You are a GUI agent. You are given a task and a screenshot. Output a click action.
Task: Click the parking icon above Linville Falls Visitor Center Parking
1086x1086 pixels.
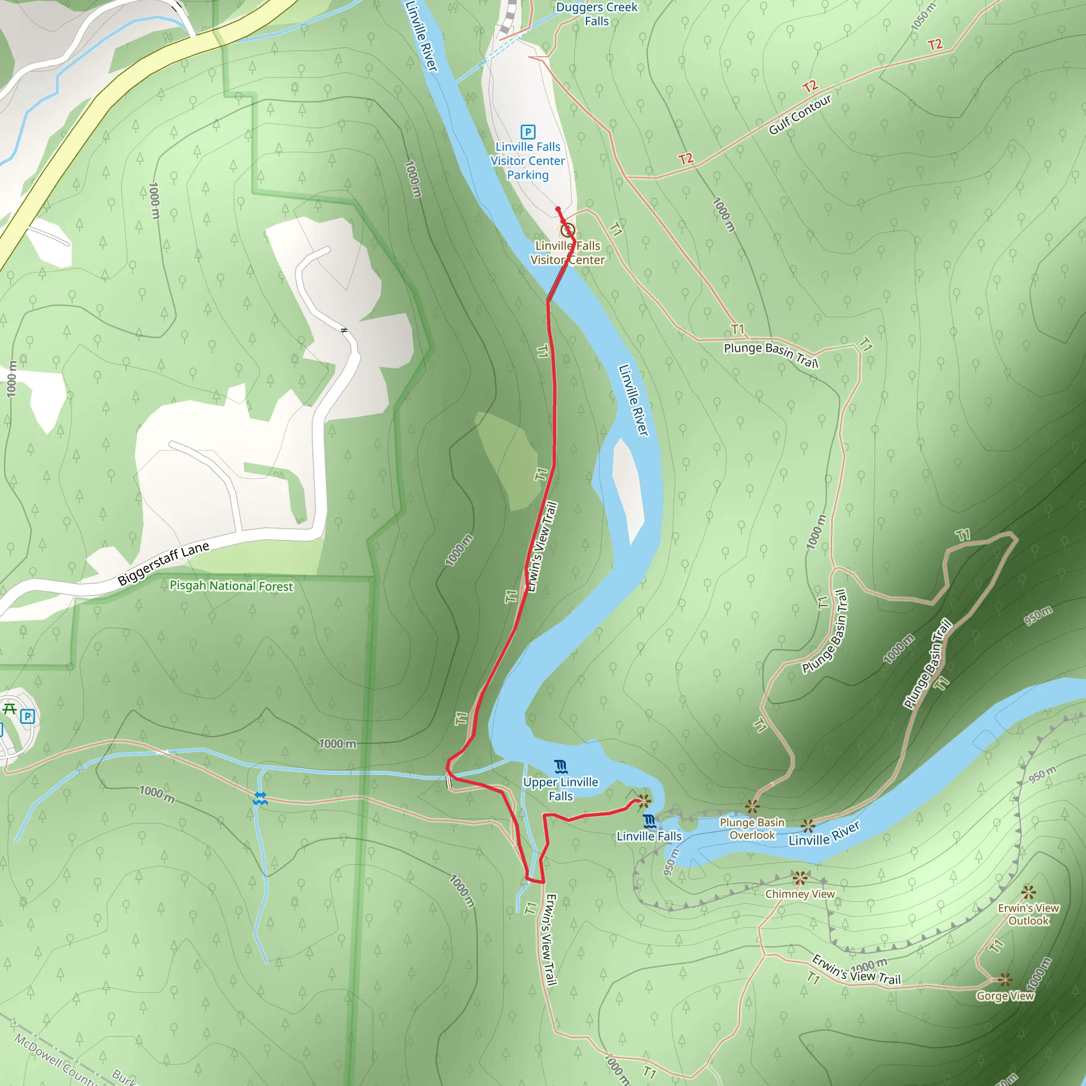(527, 132)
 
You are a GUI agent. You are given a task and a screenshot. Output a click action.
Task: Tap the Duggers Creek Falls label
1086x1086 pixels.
(597, 14)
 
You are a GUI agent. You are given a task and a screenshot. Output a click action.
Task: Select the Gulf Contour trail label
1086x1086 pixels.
(799, 115)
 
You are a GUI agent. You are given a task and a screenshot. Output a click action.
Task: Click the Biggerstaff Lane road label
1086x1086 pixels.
(163, 564)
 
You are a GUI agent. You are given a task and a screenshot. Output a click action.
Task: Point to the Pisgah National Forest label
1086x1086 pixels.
(231, 586)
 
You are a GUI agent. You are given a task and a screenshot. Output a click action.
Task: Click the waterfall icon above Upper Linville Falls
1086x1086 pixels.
(560, 767)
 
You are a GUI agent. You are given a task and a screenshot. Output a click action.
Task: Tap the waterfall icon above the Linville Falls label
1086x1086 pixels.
(649, 821)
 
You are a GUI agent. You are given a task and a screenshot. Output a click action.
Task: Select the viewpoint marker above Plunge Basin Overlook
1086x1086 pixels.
(752, 807)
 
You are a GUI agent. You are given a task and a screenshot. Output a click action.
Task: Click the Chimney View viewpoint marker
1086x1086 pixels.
(800, 878)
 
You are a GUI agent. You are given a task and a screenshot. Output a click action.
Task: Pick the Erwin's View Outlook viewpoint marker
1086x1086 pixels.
(1029, 892)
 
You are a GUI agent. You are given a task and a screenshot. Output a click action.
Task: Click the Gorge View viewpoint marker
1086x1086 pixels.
(1005, 980)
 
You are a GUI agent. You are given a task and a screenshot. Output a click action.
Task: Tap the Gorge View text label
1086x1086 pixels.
(1005, 996)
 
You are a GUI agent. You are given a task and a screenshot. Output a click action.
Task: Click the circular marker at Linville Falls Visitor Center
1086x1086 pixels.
(568, 230)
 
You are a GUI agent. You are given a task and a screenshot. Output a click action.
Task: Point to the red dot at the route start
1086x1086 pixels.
(558, 209)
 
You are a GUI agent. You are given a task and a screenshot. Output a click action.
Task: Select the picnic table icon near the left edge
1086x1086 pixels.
(10, 708)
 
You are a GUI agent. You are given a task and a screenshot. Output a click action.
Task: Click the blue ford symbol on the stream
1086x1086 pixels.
(260, 798)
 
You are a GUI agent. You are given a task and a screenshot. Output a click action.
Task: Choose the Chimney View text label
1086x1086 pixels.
(800, 894)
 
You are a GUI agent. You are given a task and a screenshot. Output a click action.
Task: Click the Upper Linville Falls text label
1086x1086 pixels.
(560, 789)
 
